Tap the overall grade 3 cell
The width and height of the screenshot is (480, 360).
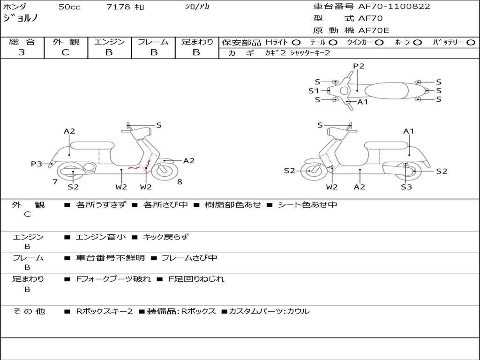click(22, 52)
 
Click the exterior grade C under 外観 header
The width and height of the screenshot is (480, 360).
click(65, 52)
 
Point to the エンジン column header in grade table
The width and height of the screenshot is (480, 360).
click(109, 42)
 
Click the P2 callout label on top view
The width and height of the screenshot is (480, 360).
click(359, 66)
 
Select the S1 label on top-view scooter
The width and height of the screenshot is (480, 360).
click(314, 91)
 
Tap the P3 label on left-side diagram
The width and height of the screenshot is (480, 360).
click(37, 164)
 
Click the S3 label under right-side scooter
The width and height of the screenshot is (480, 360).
click(406, 187)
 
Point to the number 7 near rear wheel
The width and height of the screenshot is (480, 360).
click(55, 181)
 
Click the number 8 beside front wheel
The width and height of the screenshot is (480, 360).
click(180, 181)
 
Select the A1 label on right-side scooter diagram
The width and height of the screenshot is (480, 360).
click(409, 131)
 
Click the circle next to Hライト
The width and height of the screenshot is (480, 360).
click(296, 42)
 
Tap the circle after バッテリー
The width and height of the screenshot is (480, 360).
click(471, 42)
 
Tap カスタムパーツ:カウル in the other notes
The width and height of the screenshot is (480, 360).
click(269, 311)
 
